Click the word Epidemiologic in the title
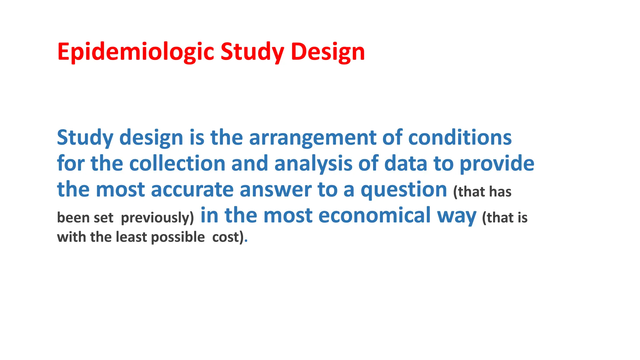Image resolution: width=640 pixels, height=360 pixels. [136, 52]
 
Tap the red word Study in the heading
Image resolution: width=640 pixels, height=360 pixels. [252, 52]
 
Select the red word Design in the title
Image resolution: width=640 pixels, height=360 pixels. [328, 52]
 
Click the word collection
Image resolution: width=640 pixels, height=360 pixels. [177, 163]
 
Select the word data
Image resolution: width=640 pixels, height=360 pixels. [406, 163]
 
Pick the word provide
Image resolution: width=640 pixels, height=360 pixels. [497, 163]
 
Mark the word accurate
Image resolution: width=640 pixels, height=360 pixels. [192, 190]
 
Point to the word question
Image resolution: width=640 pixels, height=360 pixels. [404, 190]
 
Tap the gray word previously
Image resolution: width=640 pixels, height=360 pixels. [157, 217]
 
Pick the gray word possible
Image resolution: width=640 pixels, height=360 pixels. [178, 237]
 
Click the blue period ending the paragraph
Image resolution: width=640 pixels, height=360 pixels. [246, 241]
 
